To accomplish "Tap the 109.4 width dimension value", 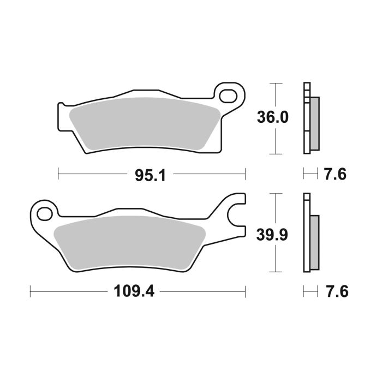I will [134, 291].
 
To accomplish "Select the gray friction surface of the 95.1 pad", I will [145, 123].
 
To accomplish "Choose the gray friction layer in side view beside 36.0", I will [315, 123].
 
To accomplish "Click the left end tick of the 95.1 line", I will [58, 174].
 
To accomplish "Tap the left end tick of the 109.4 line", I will [30, 291].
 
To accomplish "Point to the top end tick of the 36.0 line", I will [277, 83].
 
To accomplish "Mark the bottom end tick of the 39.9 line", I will [277, 272].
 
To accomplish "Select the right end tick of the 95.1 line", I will [245, 174].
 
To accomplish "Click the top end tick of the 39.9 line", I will [277, 193].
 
